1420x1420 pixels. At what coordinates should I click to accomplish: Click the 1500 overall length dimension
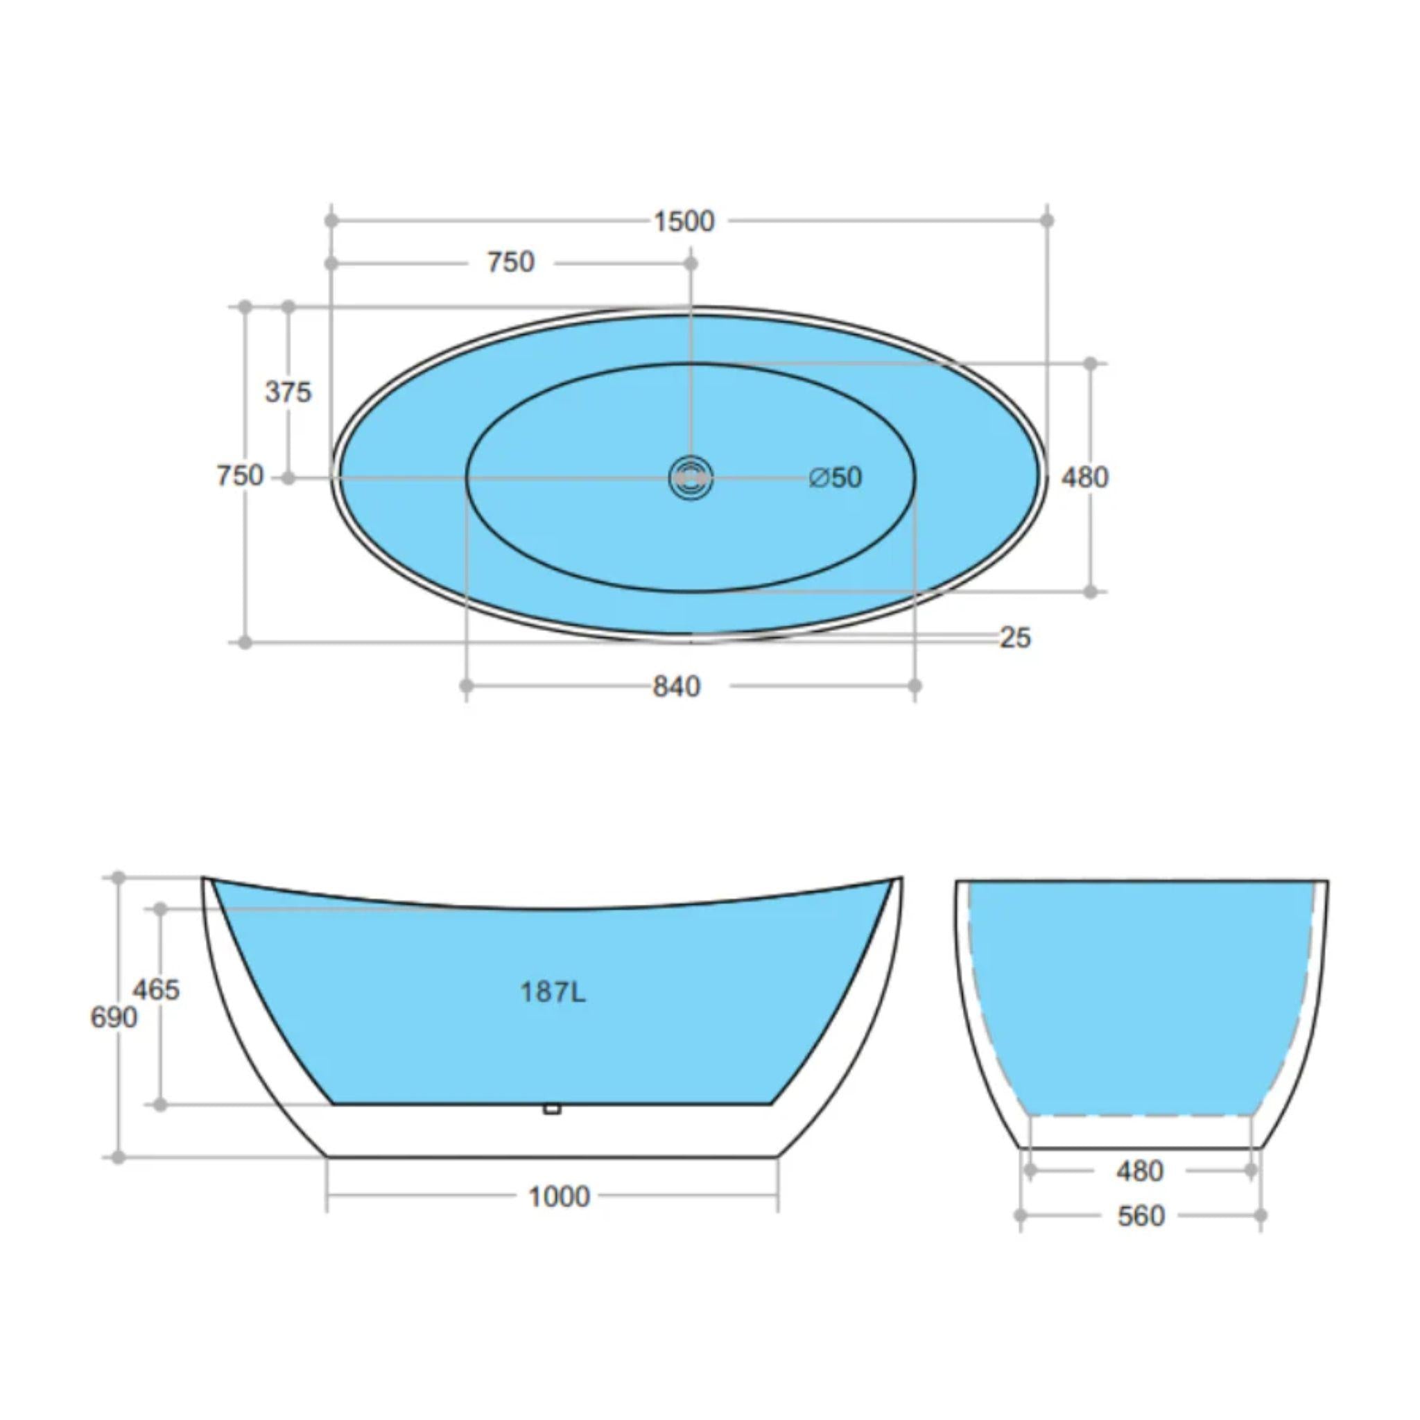coord(684,221)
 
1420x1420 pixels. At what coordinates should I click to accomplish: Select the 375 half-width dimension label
coord(288,392)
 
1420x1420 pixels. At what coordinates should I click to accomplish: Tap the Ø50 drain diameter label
coord(835,478)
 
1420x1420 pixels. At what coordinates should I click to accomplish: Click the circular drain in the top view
coord(691,478)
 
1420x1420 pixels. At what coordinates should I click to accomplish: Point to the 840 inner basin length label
coord(676,686)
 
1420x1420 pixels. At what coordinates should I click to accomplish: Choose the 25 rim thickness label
coord(1015,637)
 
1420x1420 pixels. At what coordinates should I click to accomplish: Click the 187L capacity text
coord(553,993)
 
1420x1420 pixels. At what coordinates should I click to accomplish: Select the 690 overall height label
coord(113,1018)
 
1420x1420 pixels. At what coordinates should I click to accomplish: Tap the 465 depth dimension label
coord(156,990)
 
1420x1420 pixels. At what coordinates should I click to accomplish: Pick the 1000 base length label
coord(559,1197)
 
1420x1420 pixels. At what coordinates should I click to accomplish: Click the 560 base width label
coord(1141,1216)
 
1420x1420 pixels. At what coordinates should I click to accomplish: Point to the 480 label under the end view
coord(1139,1171)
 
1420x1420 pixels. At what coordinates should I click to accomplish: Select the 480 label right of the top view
coord(1084,478)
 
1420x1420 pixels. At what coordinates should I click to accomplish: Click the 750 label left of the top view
coord(240,476)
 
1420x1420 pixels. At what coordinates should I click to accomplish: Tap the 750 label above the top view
coord(511,262)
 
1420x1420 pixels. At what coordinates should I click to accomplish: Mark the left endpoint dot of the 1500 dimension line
coord(331,220)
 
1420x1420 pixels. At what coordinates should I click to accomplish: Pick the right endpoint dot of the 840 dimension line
coord(915,686)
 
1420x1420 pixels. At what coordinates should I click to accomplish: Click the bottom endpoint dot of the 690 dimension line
coord(119,1158)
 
